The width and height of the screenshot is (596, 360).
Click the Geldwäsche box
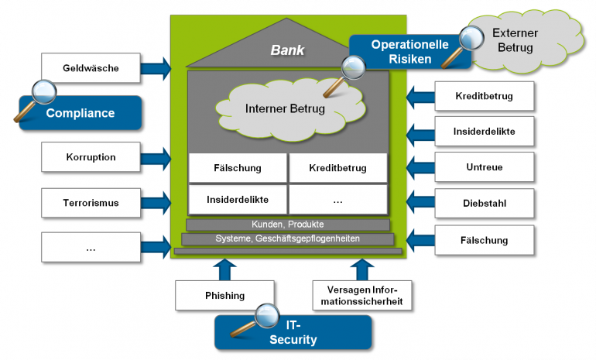coord(91,68)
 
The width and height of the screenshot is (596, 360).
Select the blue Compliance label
coord(80,113)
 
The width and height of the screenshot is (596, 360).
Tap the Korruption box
coord(91,158)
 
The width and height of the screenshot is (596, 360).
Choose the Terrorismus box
coord(91,204)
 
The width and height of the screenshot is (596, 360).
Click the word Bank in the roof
coord(287,50)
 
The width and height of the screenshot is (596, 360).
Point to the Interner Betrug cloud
coord(284,109)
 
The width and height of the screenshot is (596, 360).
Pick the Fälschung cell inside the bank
coord(237,167)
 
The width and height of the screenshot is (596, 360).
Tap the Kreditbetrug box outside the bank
coord(485,98)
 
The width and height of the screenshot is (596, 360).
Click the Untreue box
coord(485,167)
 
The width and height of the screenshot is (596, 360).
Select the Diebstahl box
coord(485,204)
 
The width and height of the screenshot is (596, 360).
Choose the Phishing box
coord(224,295)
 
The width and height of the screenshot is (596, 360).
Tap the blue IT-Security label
coord(293,333)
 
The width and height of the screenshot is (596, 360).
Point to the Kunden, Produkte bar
coord(287,224)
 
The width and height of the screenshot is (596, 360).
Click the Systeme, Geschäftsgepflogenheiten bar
coord(287,238)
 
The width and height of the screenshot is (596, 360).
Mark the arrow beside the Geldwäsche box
coord(156,68)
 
